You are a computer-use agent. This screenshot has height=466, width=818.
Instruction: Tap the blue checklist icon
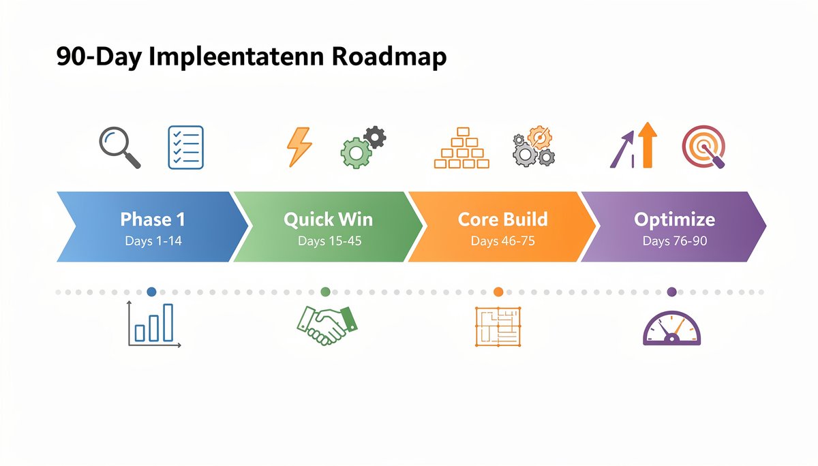(x=185, y=146)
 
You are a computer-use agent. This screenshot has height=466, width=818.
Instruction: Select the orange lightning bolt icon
(x=299, y=146)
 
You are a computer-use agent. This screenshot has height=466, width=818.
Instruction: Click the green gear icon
(x=354, y=153)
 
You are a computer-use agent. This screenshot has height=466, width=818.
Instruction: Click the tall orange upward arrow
(x=648, y=144)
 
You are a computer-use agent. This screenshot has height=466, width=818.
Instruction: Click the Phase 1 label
(x=153, y=219)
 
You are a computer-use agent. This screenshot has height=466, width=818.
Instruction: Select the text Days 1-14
(x=153, y=240)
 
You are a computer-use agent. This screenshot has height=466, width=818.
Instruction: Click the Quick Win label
(x=327, y=219)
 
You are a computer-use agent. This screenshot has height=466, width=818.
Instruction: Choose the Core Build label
(x=502, y=219)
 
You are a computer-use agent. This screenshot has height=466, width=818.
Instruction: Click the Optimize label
(x=674, y=219)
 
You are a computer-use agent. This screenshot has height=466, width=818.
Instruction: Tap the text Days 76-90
(x=674, y=240)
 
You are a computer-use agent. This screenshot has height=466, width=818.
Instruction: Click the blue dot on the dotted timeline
(x=151, y=292)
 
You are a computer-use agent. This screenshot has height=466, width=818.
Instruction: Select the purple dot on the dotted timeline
(x=671, y=292)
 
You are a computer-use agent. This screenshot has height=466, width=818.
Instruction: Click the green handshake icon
(x=328, y=325)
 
